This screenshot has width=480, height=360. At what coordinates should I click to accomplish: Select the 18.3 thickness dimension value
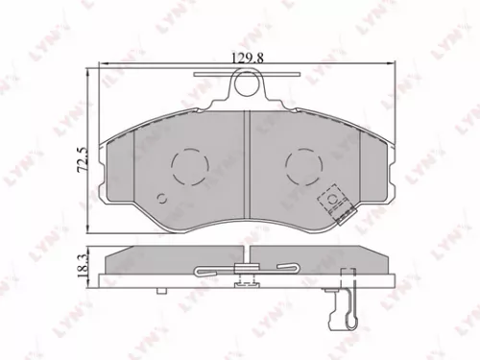[82, 265]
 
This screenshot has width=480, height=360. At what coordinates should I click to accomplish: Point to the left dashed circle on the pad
[187, 166]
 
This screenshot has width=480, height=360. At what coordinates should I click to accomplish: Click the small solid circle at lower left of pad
[163, 200]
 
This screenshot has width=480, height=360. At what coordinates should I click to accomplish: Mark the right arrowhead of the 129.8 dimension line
[396, 64]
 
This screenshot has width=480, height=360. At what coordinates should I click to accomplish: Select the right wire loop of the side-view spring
[285, 269]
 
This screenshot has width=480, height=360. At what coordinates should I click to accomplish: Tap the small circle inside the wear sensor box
[332, 200]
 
